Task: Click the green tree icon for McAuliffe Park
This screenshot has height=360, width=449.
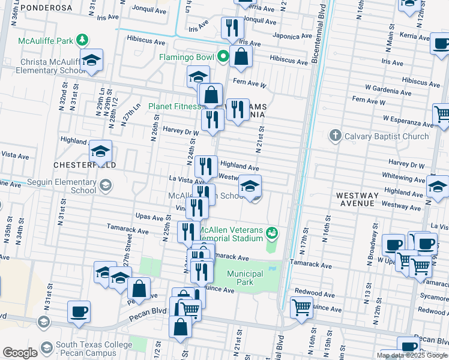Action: [82, 41]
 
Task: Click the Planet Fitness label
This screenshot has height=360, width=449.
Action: [175, 106]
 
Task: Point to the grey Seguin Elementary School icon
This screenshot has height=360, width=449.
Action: [106, 186]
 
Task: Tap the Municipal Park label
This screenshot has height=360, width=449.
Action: [245, 278]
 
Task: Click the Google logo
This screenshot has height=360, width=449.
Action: [20, 353]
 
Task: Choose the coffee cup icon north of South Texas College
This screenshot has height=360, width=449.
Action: [79, 311]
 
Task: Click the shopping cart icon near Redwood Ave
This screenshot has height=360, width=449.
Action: [301, 307]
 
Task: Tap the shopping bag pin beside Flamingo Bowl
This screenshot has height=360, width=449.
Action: [241, 57]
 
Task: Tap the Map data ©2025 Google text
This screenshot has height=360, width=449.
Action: [412, 355]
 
